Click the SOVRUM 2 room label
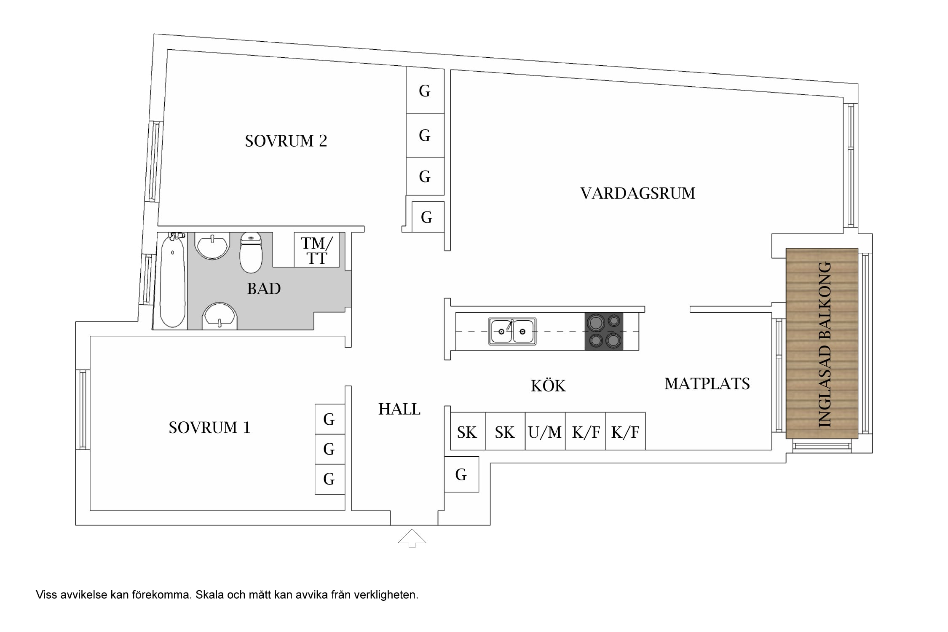click(x=286, y=141)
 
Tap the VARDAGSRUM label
click(x=637, y=193)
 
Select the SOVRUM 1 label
click(x=209, y=428)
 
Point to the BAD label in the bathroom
click(x=264, y=289)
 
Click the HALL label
click(x=399, y=409)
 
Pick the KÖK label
click(x=548, y=385)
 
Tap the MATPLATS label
click(x=707, y=384)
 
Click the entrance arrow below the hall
click(x=412, y=538)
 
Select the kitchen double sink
click(x=512, y=331)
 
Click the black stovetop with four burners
click(x=604, y=331)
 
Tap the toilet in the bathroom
click(x=251, y=253)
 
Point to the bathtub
click(x=173, y=280)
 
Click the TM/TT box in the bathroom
click(x=317, y=250)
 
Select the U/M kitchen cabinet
click(x=545, y=431)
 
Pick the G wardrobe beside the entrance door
click(x=461, y=474)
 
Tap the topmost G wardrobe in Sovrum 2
click(x=425, y=90)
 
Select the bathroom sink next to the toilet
click(x=212, y=246)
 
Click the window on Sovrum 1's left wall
click(x=83, y=410)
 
